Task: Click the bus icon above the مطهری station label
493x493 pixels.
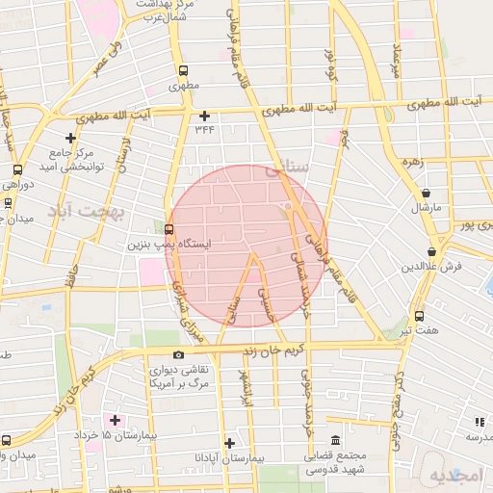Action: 184,70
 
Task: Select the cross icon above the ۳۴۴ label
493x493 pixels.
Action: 204,116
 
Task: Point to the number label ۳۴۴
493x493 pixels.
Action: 204,129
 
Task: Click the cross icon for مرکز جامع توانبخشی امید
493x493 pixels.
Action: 69,139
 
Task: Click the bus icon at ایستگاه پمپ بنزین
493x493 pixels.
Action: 170,229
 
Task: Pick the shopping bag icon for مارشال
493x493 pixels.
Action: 426,194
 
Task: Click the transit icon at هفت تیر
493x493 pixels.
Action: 419,316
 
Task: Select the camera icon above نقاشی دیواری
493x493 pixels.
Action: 178,355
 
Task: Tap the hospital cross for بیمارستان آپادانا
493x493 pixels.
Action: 229,443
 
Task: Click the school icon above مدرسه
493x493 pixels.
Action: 479,422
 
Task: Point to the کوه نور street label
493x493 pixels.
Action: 329,61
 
